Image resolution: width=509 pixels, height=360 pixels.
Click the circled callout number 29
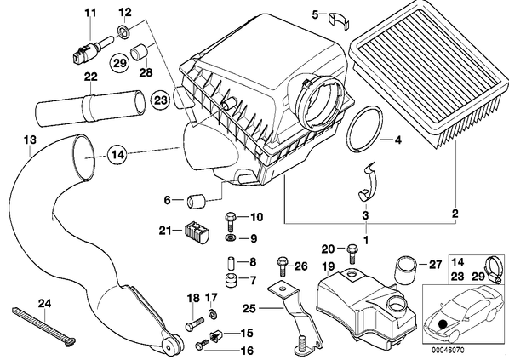tap(119, 63)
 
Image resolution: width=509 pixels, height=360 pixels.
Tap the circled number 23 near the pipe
tap(160, 100)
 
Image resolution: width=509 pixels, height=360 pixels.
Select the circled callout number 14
tap(118, 155)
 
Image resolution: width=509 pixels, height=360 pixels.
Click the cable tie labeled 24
tap(43, 326)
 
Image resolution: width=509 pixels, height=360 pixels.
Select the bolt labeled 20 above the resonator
tap(352, 254)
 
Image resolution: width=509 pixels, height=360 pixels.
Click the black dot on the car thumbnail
tap(442, 323)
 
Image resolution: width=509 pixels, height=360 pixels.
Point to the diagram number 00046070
tap(448, 350)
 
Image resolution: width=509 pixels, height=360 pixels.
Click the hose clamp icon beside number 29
tap(494, 270)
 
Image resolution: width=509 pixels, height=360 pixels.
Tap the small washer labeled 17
tap(213, 313)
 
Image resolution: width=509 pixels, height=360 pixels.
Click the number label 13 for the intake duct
tap(30, 140)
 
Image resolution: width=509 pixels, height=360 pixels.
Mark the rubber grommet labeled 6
tap(196, 202)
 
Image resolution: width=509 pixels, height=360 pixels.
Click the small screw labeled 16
tap(202, 344)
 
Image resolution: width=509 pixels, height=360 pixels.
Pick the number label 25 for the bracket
tap(249, 308)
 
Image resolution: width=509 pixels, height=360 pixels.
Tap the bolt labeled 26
tap(282, 266)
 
